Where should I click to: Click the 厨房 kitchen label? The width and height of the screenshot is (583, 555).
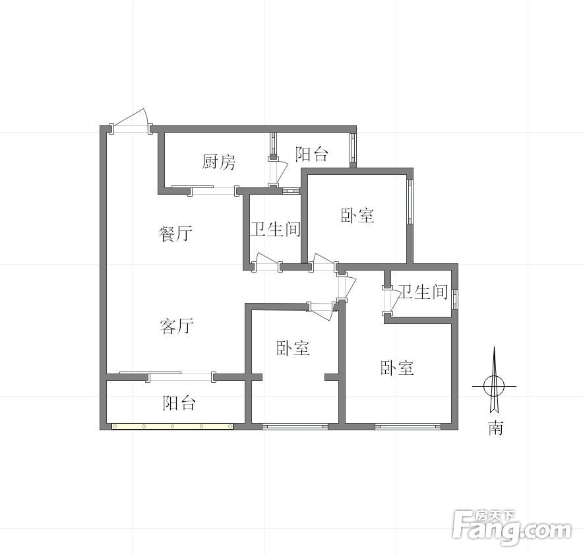tap(219, 162)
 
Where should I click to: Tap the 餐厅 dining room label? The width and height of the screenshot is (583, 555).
tap(175, 234)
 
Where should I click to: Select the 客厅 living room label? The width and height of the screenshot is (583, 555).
tap(176, 326)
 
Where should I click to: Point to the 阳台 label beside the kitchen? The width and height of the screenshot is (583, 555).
tap(311, 154)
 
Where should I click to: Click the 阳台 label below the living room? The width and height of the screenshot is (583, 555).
tap(179, 403)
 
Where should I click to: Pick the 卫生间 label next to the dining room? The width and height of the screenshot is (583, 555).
tap(275, 229)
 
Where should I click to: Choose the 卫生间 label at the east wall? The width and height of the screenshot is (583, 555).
tap(422, 292)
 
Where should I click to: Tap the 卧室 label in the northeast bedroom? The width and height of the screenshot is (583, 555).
tap(357, 215)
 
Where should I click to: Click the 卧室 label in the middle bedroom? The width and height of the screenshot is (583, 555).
tap(293, 348)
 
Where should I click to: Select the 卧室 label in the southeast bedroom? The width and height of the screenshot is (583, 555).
tap(397, 368)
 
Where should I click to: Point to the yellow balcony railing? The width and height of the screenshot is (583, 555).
tap(173, 426)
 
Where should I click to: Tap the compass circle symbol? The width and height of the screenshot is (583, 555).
tap(494, 386)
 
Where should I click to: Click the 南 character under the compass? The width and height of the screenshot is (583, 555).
tap(495, 428)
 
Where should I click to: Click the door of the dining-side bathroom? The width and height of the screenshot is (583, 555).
tap(266, 261)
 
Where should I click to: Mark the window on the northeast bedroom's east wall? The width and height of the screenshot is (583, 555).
tap(410, 202)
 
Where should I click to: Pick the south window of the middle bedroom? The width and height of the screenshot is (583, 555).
tap(295, 426)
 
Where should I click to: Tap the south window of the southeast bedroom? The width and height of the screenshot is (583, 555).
tap(408, 426)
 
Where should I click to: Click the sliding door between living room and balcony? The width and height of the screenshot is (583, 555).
tap(181, 376)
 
